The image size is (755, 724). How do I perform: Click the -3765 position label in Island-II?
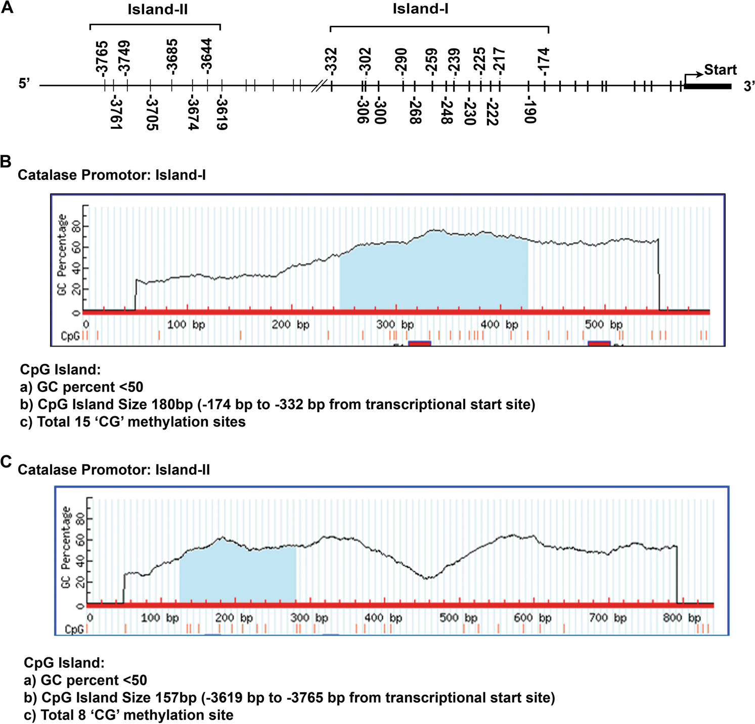(x=102, y=58)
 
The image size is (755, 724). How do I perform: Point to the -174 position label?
(x=544, y=61)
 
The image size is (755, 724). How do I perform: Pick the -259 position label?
(x=431, y=61)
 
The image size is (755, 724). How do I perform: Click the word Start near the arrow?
(x=720, y=70)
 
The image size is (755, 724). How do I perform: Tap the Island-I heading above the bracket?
(x=420, y=9)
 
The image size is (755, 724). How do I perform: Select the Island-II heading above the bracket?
(x=157, y=10)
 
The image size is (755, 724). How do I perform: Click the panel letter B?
(x=6, y=162)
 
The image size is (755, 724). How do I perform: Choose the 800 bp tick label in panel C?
(x=682, y=617)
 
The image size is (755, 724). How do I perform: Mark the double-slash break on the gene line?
(x=317, y=86)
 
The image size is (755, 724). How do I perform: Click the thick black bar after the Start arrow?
(x=708, y=86)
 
